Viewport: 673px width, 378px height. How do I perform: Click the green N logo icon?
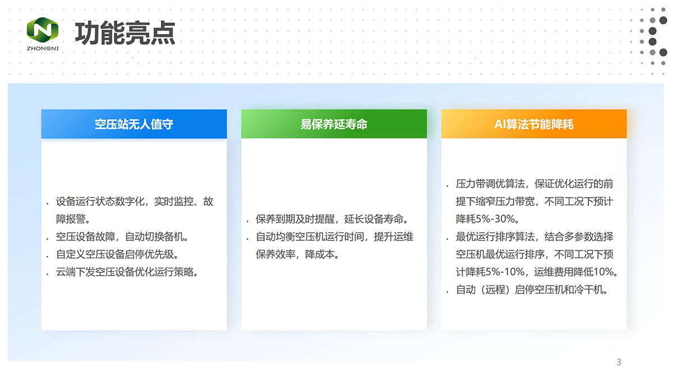point(43,30)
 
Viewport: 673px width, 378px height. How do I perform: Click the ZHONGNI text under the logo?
point(43,48)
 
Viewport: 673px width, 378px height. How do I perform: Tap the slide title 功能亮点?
point(125,33)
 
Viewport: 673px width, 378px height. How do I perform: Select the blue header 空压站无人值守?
point(134,124)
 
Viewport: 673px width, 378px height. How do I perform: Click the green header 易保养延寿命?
point(334,124)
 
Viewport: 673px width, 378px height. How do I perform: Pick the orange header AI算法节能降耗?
point(534,124)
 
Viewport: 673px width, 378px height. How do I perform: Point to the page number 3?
point(619,362)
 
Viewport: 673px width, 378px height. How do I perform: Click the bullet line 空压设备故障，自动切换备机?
point(122,237)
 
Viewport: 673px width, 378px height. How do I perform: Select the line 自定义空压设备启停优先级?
point(117,254)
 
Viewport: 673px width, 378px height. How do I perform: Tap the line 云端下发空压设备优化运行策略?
point(127,272)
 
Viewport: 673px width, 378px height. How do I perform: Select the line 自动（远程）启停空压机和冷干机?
point(532,290)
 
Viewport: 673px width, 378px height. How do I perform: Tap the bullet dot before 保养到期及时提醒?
point(247,222)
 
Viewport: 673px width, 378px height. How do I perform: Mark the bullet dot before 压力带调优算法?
point(448,186)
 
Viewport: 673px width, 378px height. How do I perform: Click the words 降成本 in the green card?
point(320,254)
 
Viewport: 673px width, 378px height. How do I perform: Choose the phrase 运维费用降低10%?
point(574,272)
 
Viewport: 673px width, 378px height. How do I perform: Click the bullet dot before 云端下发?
point(48,274)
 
